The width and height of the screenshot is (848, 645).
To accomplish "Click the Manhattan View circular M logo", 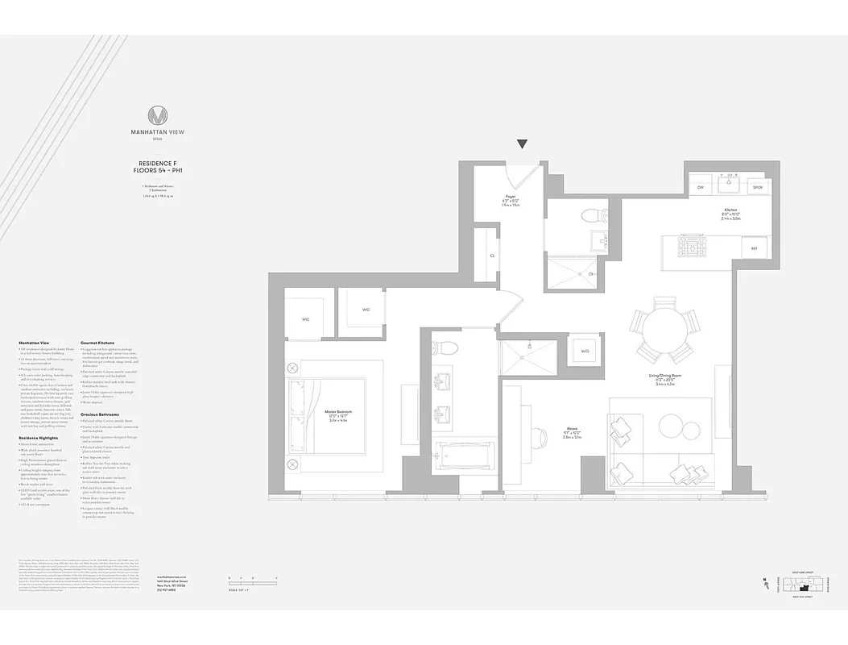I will pos(158,115).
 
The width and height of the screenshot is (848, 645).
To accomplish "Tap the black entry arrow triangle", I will pos(522,144).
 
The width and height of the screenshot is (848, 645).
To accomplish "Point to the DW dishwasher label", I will pos(701,187).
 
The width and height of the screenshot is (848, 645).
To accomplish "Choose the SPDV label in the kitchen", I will pos(757,187).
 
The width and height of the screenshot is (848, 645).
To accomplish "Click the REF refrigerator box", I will pos(754,248).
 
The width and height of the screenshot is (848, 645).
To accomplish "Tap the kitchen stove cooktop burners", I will pos(690,246).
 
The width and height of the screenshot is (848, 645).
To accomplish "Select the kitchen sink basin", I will pos(730,186).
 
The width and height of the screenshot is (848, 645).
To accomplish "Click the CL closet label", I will pos(491,256).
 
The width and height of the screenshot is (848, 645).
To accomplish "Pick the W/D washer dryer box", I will pos(585,351).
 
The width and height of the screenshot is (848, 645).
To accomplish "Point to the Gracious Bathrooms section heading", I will pos(100,414).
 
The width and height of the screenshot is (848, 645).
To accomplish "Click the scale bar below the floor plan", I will pos(242,579).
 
